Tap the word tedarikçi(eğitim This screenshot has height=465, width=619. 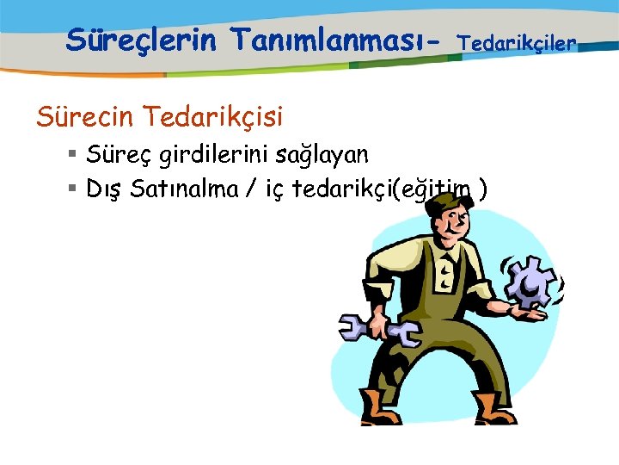pos(384,189)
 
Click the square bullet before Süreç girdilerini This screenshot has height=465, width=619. pos(73,155)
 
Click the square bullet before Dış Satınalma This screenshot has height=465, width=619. pos(73,189)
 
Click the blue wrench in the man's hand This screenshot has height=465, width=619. pos(378,330)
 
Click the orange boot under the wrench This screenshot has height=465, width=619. pos(380,407)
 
